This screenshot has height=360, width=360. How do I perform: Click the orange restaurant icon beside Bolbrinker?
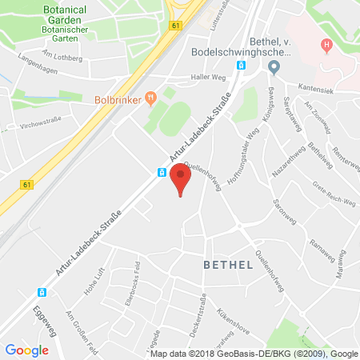pos(149,99)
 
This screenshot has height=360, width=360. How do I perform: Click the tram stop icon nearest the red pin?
pos(162,173)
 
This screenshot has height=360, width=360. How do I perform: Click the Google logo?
pos(27,350)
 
